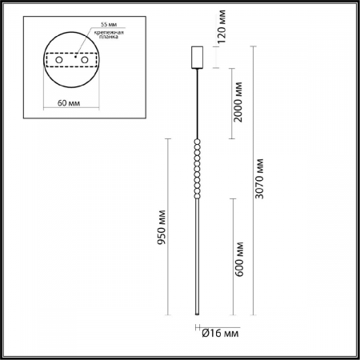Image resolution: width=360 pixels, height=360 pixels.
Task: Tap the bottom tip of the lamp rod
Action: coord(197,314)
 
